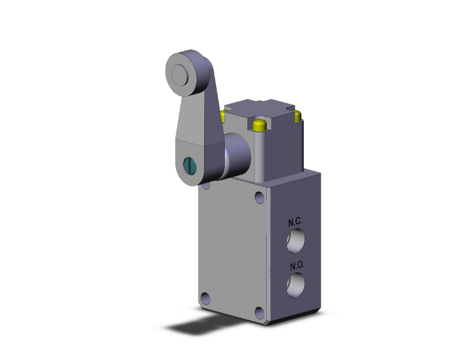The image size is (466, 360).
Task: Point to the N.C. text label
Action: pos(295,222)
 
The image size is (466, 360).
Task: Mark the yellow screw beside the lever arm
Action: pos(222,115)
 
